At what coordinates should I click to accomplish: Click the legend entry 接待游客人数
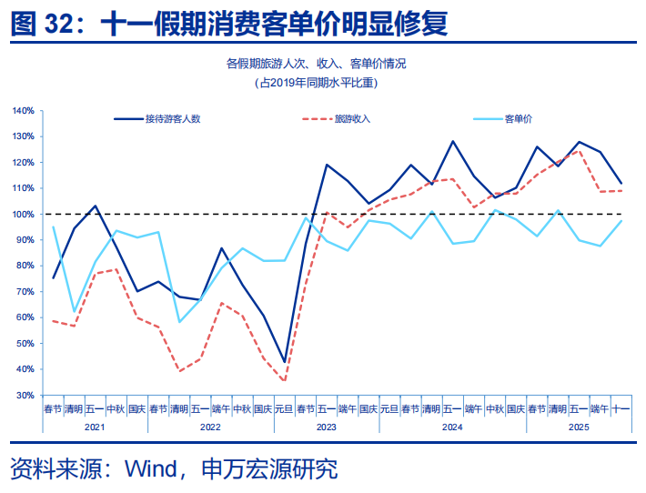click(172, 119)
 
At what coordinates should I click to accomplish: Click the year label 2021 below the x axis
click(96, 426)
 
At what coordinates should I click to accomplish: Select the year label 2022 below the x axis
click(211, 426)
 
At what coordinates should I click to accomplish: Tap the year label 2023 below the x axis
click(327, 426)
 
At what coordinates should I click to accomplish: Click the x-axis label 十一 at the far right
click(621, 409)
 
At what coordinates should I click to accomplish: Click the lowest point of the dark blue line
click(285, 362)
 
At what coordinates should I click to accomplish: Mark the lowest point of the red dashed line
click(285, 381)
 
